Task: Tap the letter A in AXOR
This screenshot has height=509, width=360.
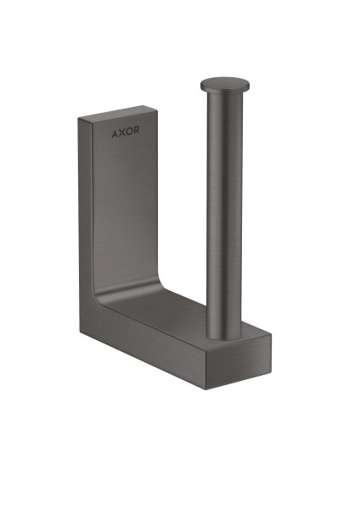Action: (113, 134)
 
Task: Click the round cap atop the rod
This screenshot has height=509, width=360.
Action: (225, 84)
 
